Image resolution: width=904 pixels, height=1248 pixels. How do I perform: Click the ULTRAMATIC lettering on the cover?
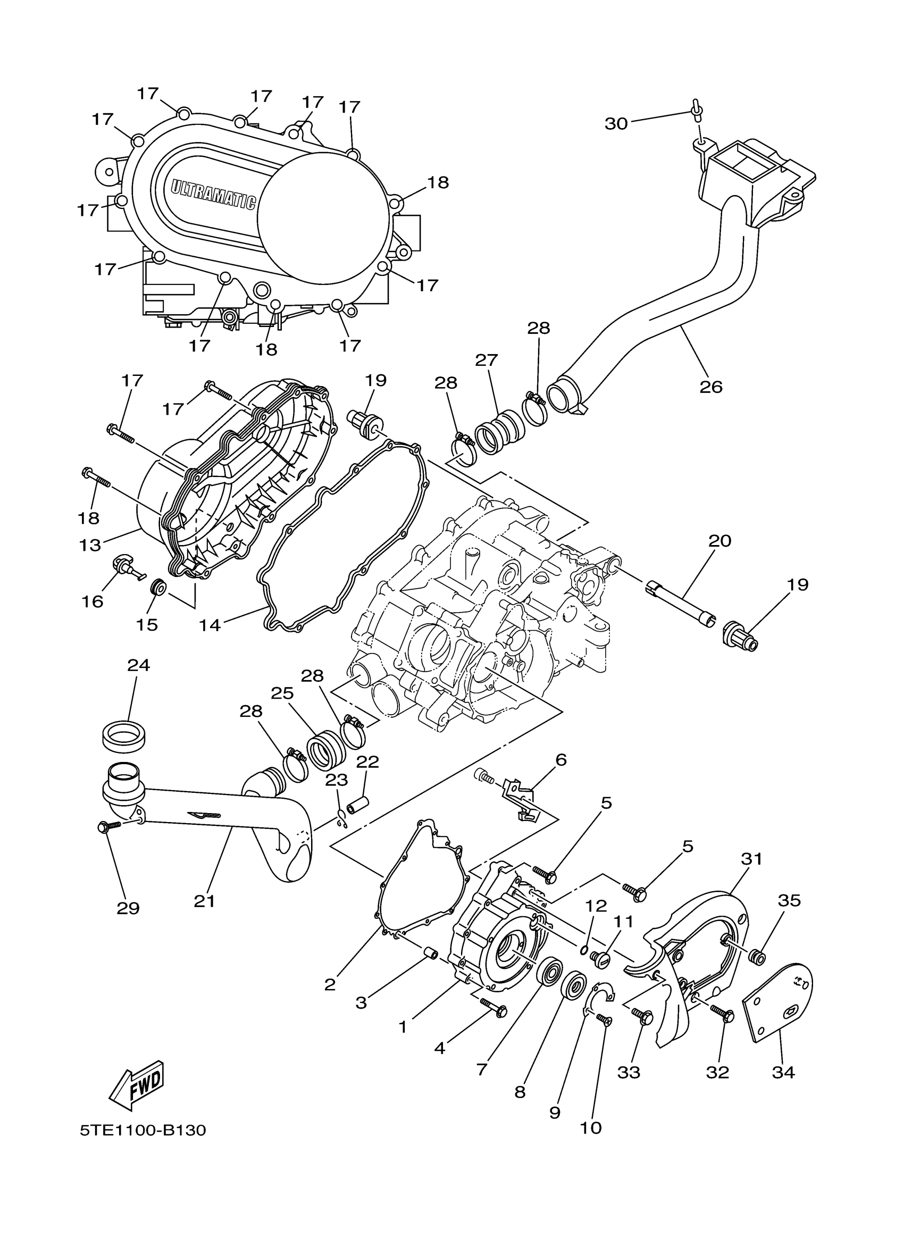(213, 194)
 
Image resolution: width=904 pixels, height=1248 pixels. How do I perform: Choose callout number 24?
(138, 665)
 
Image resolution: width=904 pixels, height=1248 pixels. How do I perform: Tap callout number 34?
(783, 1073)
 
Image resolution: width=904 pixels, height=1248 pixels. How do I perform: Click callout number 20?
(719, 541)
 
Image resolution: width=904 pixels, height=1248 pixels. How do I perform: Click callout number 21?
(204, 901)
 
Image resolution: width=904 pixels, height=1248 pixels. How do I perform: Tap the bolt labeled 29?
(105, 842)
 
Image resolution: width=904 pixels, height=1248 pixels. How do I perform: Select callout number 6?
(560, 760)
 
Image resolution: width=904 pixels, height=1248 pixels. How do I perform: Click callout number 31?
(751, 858)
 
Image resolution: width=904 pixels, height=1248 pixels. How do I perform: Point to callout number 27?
(487, 361)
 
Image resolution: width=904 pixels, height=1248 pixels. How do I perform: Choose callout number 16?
(92, 601)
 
